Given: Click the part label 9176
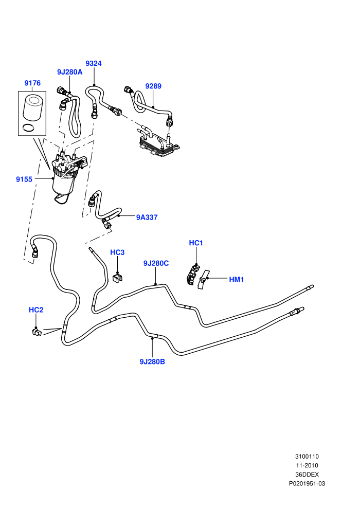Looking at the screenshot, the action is [32, 83].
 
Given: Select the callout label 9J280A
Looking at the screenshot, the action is [70, 72].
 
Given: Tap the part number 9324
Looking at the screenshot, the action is [94, 63].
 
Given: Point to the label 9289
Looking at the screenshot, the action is [153, 86].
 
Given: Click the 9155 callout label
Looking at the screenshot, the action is [24, 179].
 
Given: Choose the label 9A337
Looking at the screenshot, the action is [147, 217].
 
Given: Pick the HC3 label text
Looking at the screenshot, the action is [117, 252].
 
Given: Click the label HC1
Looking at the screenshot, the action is [196, 243].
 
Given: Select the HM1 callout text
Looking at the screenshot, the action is [237, 280].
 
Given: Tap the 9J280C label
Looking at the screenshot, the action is [156, 263].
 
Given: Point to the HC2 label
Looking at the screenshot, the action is [36, 310].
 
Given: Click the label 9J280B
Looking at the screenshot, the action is [152, 361].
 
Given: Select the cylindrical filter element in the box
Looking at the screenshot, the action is [31, 107].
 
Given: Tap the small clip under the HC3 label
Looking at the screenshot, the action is [118, 278].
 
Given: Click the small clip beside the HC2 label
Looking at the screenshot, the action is [37, 332].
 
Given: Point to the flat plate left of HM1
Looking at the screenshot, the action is [204, 280].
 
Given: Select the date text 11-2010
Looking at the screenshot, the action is [307, 465].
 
